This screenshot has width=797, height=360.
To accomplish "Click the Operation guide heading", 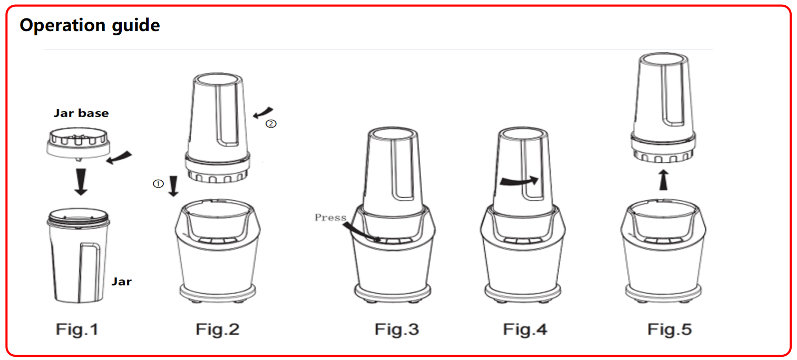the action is pyautogui.click(x=90, y=26).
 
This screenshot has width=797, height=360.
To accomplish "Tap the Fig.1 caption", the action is pyautogui.click(x=77, y=329).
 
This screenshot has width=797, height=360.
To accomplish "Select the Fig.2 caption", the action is pyautogui.click(x=217, y=329).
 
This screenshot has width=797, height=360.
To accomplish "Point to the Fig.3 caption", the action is pyautogui.click(x=397, y=329).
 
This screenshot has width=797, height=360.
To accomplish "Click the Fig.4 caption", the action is pyautogui.click(x=525, y=329).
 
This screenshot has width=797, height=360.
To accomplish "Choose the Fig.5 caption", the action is pyautogui.click(x=669, y=329).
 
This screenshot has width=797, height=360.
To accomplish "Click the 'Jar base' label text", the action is pyautogui.click(x=81, y=113).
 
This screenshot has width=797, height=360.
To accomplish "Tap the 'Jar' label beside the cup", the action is pyautogui.click(x=122, y=282).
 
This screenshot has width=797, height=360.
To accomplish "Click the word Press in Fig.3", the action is pyautogui.click(x=330, y=217).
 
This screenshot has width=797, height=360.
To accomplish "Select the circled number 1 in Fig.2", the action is pyautogui.click(x=158, y=183).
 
